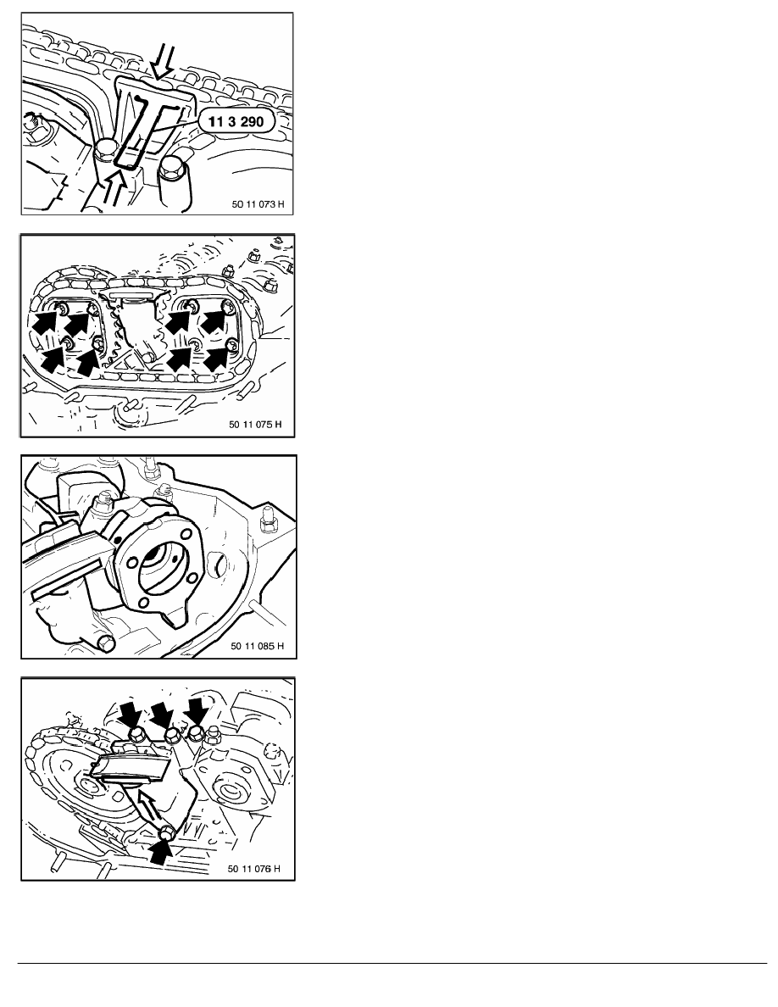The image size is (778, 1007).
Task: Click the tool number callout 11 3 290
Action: coord(236,120)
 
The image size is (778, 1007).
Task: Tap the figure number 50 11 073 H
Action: coord(258,204)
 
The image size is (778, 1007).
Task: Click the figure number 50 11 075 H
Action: coord(255,425)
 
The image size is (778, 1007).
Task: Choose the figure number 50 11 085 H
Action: coord(257,645)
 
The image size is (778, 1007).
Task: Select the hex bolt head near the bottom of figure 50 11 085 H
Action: coord(105,643)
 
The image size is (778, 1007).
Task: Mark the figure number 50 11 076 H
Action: coord(254,868)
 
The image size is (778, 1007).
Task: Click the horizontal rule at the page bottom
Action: coord(392,963)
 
